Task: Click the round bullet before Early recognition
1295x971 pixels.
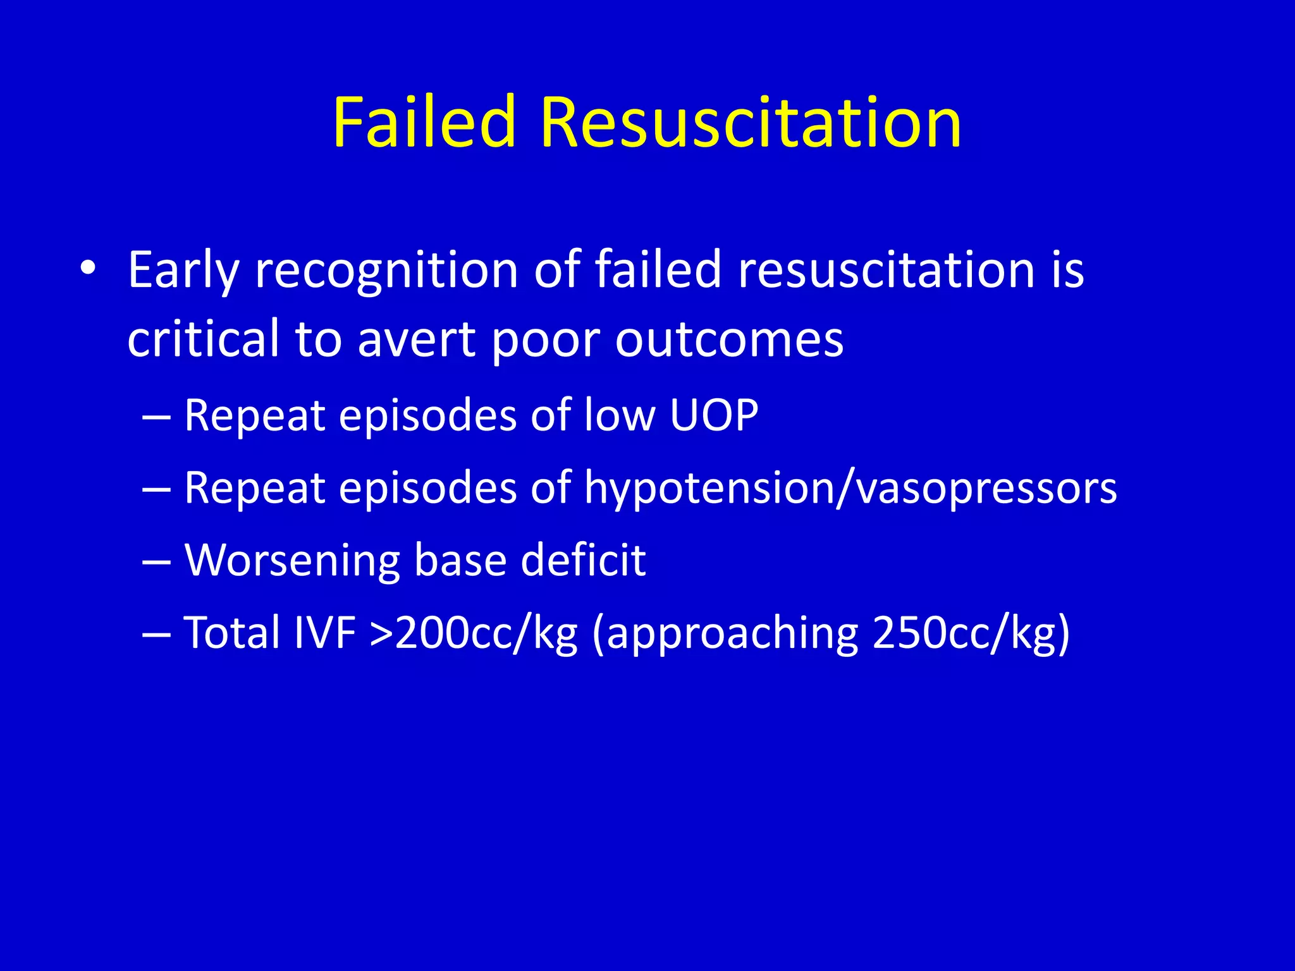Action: pos(88,269)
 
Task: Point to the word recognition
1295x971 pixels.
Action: pos(387,271)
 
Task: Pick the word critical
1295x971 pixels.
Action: pos(203,339)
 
